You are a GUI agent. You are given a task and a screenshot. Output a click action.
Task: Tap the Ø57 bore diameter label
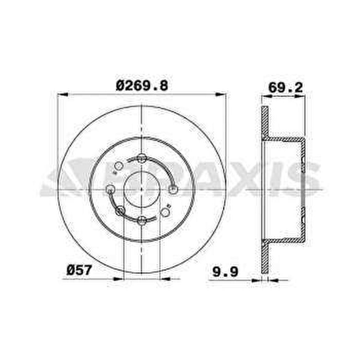pyautogui.click(x=79, y=270)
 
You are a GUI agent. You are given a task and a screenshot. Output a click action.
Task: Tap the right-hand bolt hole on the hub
pyautogui.click(x=173, y=190)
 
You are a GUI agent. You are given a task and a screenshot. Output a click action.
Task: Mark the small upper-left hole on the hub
pyautogui.click(x=118, y=167)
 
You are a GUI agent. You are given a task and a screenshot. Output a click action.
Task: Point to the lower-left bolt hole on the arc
pyautogui.click(x=120, y=210)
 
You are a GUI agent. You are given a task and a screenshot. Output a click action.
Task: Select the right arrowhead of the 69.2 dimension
pyautogui.click(x=301, y=96)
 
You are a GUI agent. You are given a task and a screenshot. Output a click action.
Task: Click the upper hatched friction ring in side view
pyautogui.click(x=265, y=122)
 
